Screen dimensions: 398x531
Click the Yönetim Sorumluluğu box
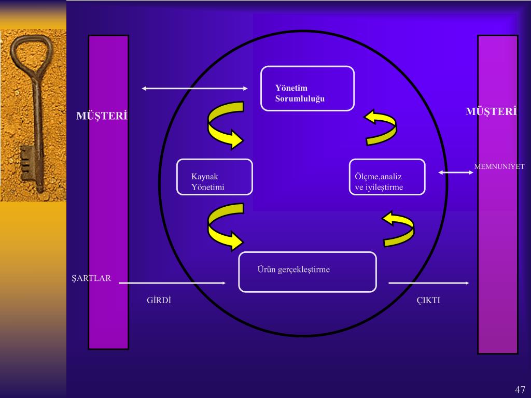(x=308, y=89)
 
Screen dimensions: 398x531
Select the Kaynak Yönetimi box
(x=214, y=177)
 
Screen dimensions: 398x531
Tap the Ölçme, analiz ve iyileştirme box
(x=387, y=177)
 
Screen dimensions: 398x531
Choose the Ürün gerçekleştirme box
(x=308, y=272)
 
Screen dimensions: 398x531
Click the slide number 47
(x=520, y=390)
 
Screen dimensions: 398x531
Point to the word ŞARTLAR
(x=91, y=278)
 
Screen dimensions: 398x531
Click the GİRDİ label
(x=159, y=300)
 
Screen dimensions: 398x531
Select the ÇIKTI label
(x=429, y=300)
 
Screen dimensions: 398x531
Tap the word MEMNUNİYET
(x=499, y=167)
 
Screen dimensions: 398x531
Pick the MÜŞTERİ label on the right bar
(x=491, y=111)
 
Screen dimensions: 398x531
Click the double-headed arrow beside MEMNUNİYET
(x=456, y=173)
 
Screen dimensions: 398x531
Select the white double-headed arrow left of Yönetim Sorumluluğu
(x=194, y=89)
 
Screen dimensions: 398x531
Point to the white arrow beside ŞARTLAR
(x=172, y=283)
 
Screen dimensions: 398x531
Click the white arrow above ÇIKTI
(x=429, y=283)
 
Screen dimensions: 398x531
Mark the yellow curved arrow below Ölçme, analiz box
(x=399, y=229)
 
